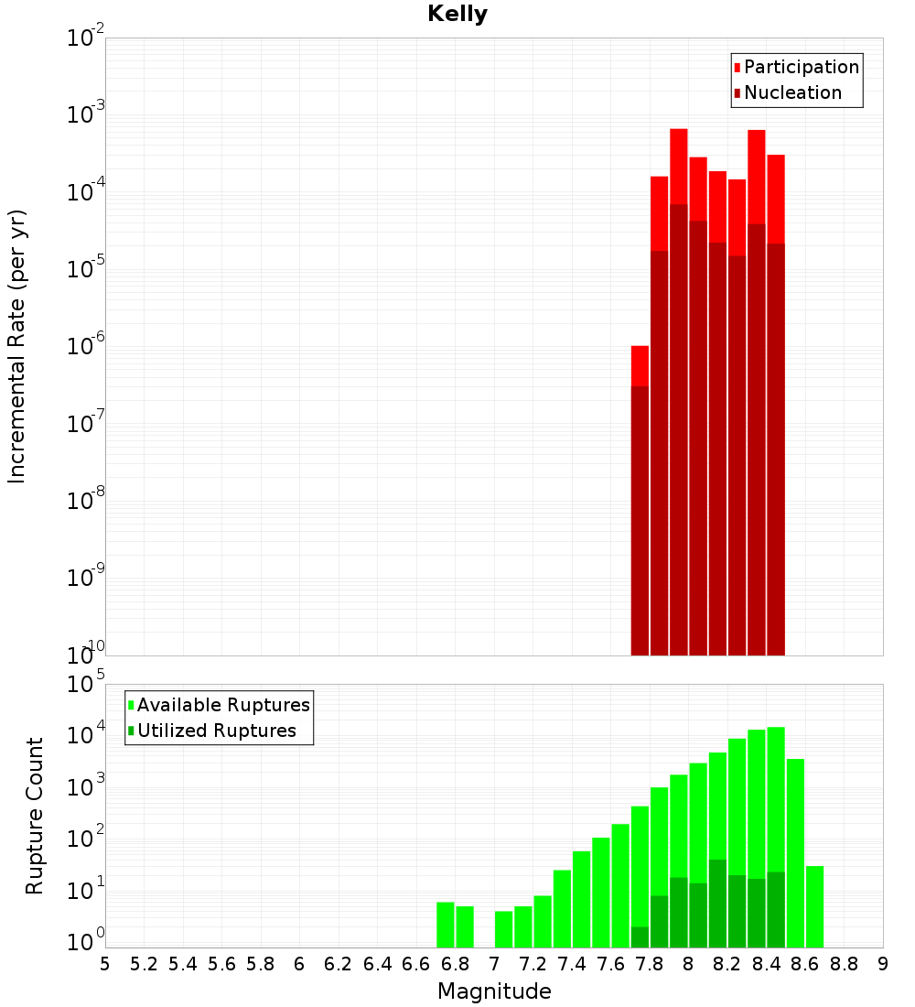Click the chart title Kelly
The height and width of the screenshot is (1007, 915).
click(457, 15)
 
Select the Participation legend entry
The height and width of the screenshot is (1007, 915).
click(802, 67)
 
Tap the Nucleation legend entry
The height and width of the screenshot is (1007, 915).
click(792, 92)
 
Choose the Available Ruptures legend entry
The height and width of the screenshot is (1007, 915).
click(223, 705)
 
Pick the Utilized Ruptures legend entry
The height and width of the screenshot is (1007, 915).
click(216, 731)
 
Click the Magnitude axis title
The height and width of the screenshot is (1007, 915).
click(494, 991)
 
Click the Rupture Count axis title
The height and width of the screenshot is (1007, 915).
click(35, 816)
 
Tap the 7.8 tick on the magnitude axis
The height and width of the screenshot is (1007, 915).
click(650, 964)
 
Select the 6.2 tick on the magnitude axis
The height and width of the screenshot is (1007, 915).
click(339, 964)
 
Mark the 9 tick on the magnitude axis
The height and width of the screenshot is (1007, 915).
click(883, 964)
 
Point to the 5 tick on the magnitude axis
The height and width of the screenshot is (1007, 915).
click(105, 964)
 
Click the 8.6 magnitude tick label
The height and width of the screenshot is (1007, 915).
click(805, 964)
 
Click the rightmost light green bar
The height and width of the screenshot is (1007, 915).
click(814, 906)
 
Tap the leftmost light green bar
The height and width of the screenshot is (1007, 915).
click(446, 925)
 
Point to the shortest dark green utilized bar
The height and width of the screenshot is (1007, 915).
click(640, 937)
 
